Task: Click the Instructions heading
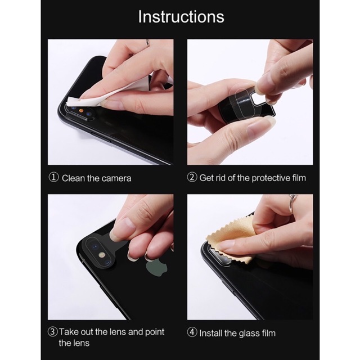(x=181, y=17)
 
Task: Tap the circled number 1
(x=54, y=178)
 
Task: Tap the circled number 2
(x=192, y=178)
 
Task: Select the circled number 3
(x=52, y=332)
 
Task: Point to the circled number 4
(x=192, y=332)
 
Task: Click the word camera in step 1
(x=116, y=178)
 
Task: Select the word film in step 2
(x=299, y=178)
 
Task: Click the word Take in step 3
(x=68, y=332)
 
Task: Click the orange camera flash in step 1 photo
(x=80, y=110)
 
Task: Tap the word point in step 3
(x=155, y=332)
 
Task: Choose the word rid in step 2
(x=220, y=178)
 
